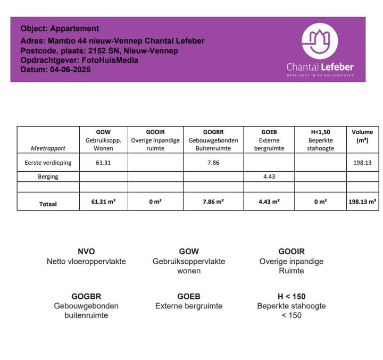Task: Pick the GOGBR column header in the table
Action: [x=213, y=132]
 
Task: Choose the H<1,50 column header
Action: [x=320, y=132]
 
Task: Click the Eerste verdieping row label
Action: [x=48, y=163]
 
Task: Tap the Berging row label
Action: [x=48, y=177]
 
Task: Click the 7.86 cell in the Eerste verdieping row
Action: [x=213, y=163]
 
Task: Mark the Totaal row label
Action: [x=48, y=204]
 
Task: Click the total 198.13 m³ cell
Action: [x=362, y=202]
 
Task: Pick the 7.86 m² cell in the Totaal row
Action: [x=213, y=202]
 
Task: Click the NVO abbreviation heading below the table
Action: [x=86, y=252]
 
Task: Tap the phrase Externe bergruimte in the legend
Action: [x=189, y=306]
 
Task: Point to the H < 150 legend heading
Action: [x=292, y=296]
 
